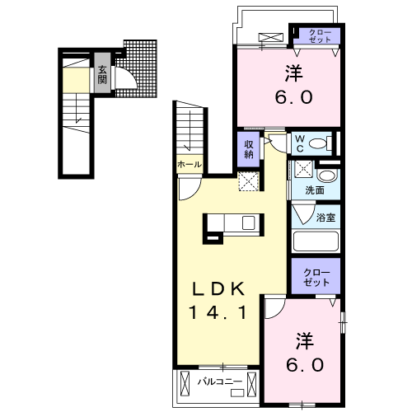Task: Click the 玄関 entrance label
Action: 102,75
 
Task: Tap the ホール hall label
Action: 190,165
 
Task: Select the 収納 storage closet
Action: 249,149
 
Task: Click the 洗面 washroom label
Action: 315,190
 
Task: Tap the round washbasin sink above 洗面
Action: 326,176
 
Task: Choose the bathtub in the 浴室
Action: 316,241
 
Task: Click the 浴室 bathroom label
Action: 325,218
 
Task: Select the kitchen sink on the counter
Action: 249,222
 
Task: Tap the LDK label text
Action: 218,289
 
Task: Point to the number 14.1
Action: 218,312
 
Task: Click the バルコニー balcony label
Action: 220,382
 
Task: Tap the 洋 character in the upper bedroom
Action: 294,73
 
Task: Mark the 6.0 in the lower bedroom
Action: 305,365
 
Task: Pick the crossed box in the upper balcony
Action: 271,38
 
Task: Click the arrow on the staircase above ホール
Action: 189,130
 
